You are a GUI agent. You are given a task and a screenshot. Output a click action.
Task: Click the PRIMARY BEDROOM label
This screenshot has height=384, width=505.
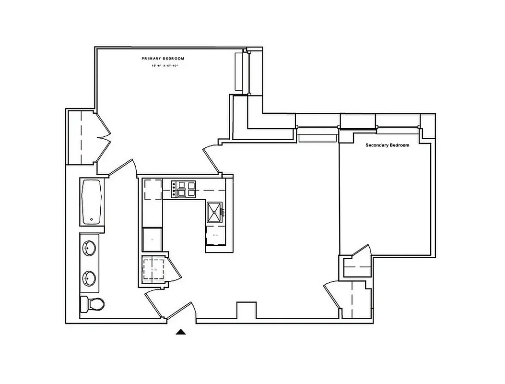pos(163,58)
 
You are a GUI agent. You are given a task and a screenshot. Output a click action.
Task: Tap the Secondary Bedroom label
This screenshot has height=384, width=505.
pos(387,145)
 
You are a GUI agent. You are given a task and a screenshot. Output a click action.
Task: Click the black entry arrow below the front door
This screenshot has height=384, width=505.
pos(181,331)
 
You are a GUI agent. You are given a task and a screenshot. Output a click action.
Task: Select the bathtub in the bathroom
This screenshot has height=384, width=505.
pos(91,202)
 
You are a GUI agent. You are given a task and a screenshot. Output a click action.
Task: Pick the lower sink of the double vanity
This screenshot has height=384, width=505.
pos(90,277)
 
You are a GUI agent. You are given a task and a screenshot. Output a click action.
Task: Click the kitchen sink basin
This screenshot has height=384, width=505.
pos(215,211)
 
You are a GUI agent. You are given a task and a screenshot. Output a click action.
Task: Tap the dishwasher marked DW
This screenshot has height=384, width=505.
pos(215,236)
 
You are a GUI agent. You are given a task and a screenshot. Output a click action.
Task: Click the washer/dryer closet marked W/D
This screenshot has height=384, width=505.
pos(153,270)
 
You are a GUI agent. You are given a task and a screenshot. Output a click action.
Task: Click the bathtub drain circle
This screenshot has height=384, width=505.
pos(91,220)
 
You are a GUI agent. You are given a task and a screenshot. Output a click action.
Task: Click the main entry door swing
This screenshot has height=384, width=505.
pos(187,312)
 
